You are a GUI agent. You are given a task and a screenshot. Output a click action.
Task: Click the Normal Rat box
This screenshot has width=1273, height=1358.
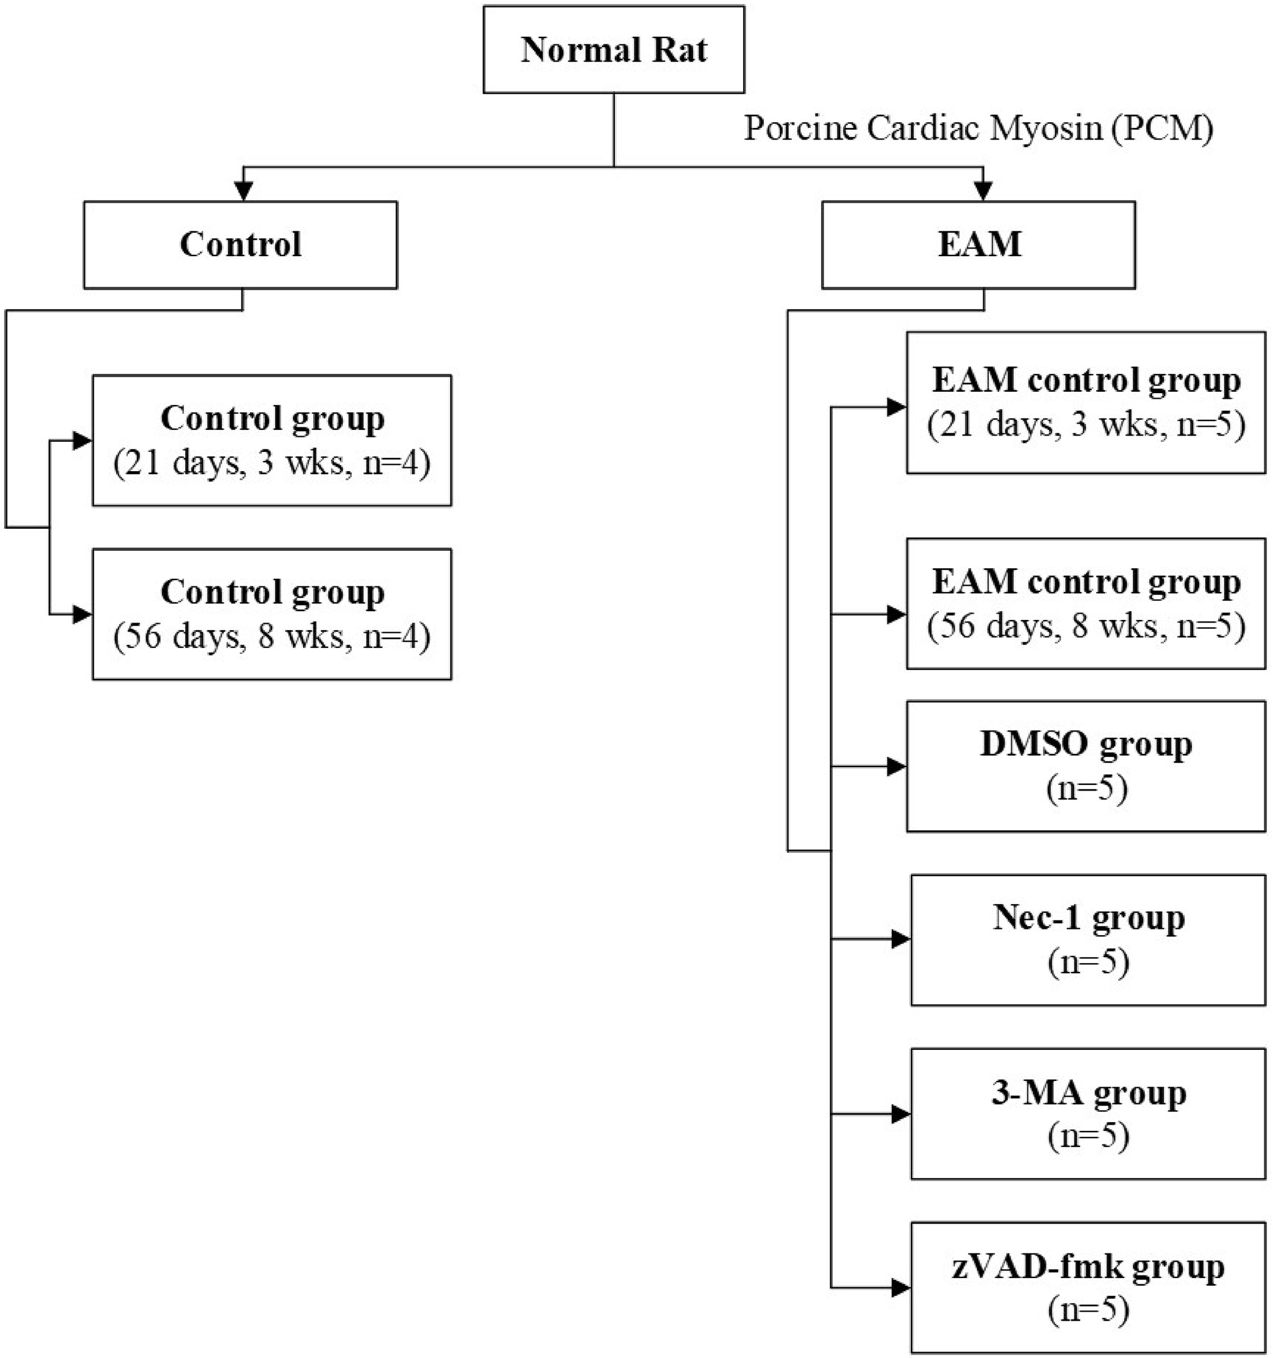pos(613,50)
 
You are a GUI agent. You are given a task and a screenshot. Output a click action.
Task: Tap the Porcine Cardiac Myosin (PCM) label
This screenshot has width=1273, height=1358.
pos(978,127)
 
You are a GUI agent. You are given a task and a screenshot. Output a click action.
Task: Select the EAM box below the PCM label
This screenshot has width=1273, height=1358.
pos(978,245)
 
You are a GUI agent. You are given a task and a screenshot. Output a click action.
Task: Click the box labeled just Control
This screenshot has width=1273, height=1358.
pos(240,245)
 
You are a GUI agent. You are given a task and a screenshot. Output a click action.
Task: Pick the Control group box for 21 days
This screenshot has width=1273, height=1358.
pos(272,441)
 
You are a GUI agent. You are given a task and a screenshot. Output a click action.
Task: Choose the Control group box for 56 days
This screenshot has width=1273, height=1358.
pos(272,614)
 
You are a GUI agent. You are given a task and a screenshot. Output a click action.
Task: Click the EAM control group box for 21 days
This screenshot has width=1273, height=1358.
pos(1086,403)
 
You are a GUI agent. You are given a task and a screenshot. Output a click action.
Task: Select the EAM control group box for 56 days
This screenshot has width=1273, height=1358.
pos(1086,604)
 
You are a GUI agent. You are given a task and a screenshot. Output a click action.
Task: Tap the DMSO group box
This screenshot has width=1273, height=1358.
pos(1086,766)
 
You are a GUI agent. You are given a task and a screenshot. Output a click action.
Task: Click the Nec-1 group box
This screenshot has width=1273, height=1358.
pos(1089,940)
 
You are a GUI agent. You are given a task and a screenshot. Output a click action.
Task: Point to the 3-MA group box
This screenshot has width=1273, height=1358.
pos(1089,1114)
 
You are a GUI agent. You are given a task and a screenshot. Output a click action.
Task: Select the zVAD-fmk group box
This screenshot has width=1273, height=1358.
pos(1089,1288)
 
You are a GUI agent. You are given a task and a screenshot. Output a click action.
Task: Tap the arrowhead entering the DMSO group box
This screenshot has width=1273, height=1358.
pos(896,766)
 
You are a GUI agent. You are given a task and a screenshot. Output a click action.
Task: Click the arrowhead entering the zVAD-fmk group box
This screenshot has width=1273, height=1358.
pos(901,1288)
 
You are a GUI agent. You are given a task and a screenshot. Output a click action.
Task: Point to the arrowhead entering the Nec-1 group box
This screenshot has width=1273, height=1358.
pos(901,940)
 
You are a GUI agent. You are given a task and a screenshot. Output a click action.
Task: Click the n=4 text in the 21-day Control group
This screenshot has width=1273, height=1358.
pos(395,464)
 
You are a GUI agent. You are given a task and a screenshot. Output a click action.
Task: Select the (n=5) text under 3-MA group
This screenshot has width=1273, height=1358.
pos(1089,1135)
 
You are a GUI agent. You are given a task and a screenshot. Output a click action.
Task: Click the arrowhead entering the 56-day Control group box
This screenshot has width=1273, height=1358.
pos(82,614)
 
